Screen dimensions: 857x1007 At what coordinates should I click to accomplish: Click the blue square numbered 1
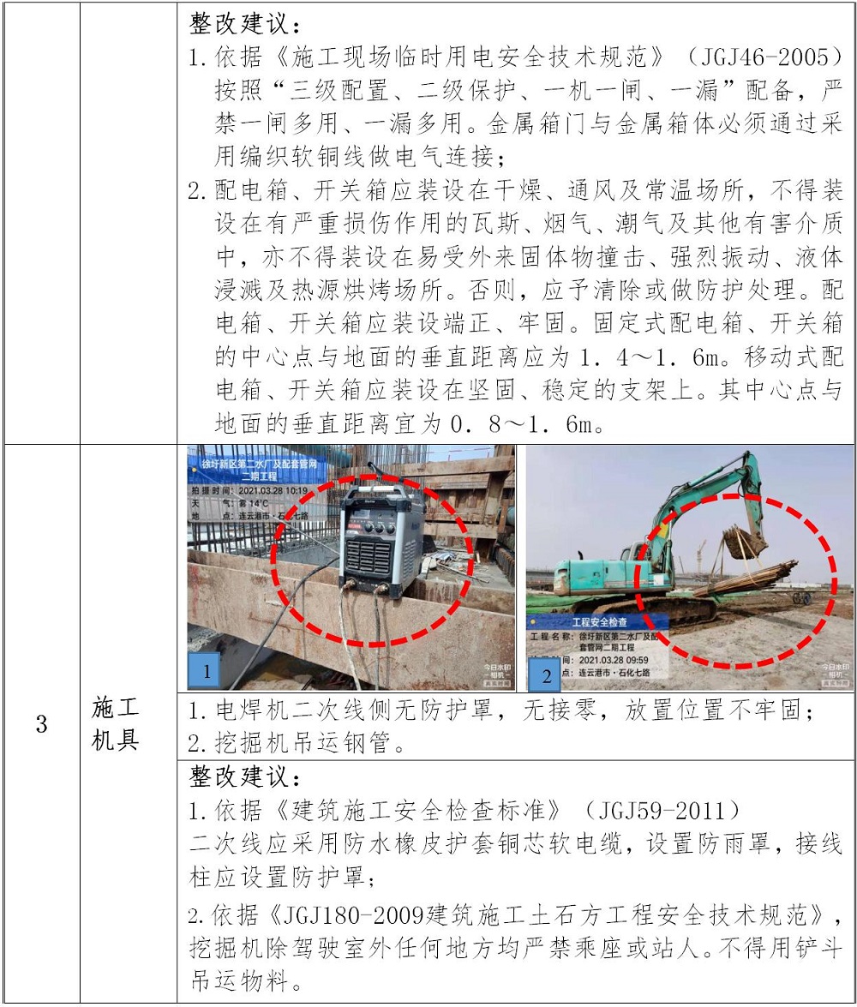pyautogui.click(x=206, y=671)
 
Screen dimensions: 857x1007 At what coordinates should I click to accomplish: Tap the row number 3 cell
pyautogui.click(x=42, y=724)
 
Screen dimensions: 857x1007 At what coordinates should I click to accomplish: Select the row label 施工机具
pyautogui.click(x=115, y=724)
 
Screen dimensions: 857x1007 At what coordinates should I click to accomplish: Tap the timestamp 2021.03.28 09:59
pyautogui.click(x=614, y=660)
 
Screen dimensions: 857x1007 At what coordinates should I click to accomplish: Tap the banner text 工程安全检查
pyautogui.click(x=599, y=621)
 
